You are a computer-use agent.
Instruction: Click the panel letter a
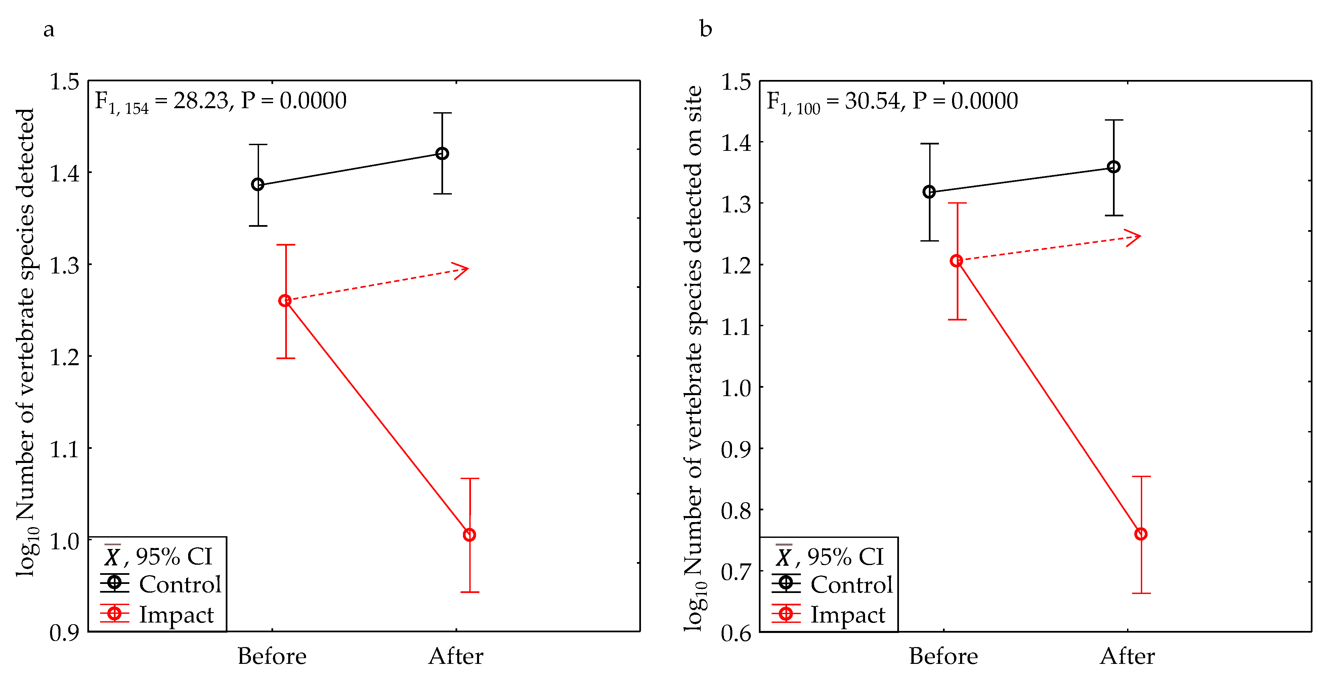(49, 30)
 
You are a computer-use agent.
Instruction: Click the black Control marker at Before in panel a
(257, 184)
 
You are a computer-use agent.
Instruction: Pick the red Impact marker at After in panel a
(469, 535)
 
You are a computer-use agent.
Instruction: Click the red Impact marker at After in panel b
(1140, 534)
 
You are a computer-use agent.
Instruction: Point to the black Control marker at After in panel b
(1113, 167)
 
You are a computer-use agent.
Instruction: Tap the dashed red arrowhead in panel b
(1135, 237)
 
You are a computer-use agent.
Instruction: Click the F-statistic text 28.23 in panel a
(201, 100)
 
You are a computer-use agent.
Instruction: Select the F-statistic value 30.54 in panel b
(873, 100)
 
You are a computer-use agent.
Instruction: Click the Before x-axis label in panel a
(272, 656)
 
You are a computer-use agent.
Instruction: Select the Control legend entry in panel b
(851, 584)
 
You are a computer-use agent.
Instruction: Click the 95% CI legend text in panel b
(845, 557)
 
